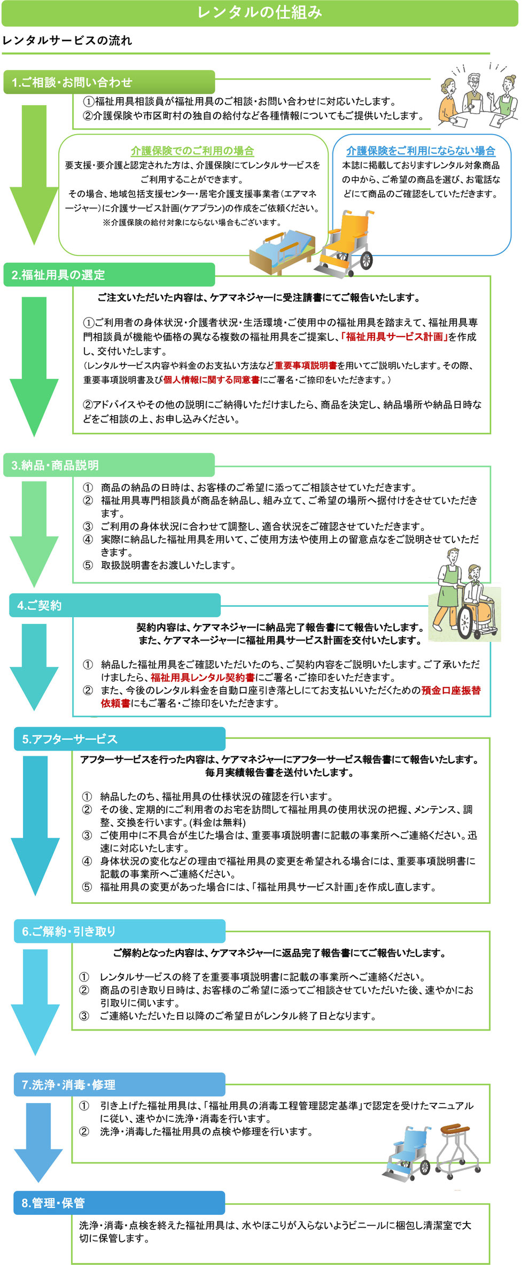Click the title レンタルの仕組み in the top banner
[x=260, y=12]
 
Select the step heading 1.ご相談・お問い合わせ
[x=72, y=82]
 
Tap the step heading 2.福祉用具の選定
[x=58, y=275]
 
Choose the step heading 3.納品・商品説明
[x=55, y=465]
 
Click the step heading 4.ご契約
[x=40, y=605]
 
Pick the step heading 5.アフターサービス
[x=69, y=739]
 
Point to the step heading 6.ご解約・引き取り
[x=68, y=931]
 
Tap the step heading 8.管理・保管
[x=53, y=1203]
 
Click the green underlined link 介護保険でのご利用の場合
[x=192, y=151]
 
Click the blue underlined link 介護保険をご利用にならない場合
[x=421, y=151]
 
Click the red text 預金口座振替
[x=451, y=690]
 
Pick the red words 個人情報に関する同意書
[x=212, y=379]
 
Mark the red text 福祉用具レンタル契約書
[x=203, y=677]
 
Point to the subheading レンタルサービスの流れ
[x=67, y=41]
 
